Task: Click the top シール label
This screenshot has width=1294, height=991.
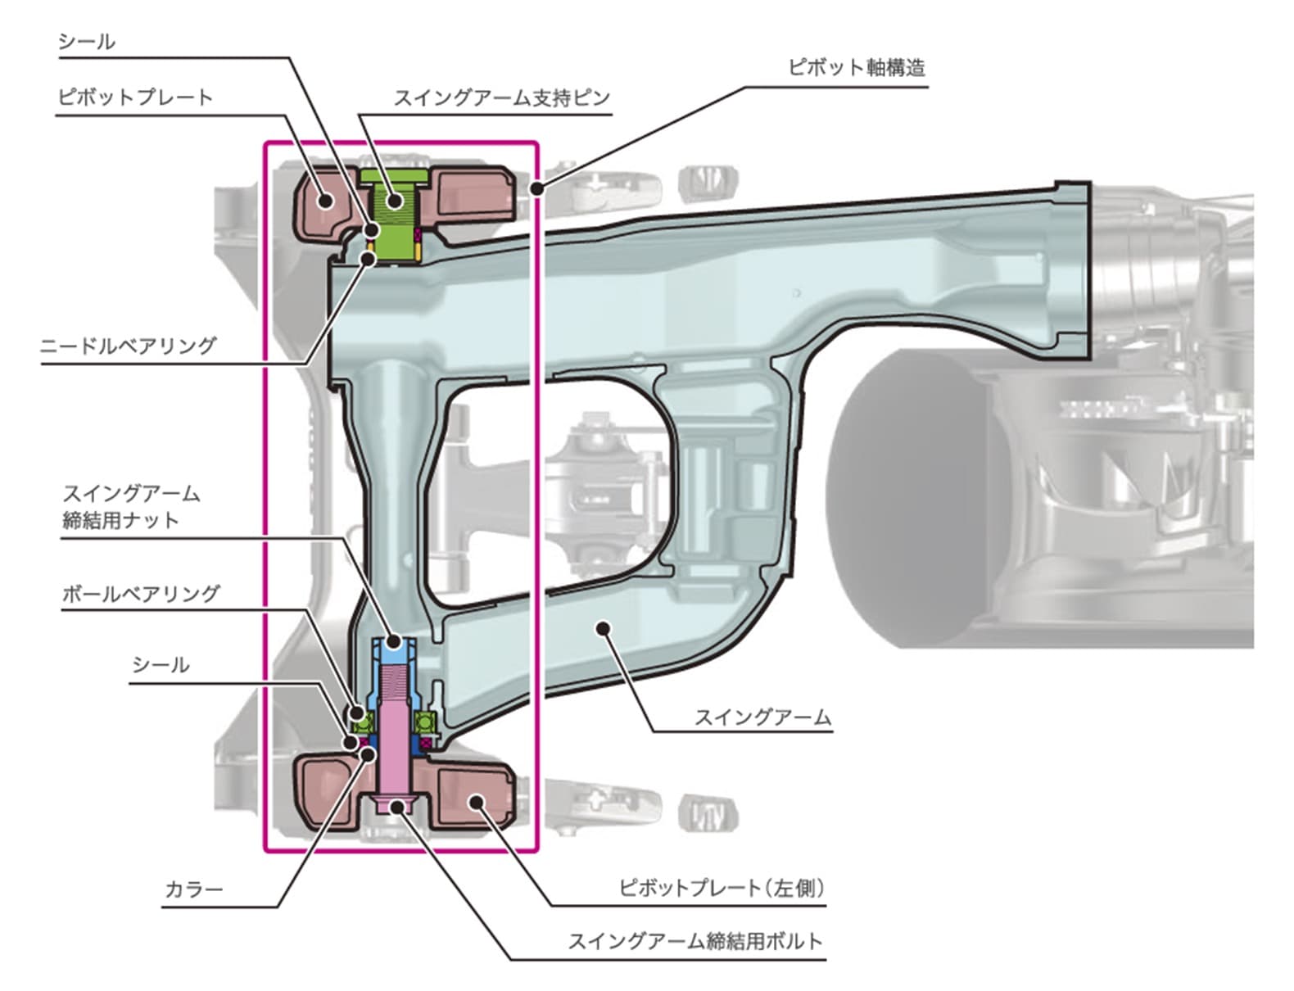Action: [86, 41]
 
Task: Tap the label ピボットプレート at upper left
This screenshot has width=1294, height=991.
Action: [135, 97]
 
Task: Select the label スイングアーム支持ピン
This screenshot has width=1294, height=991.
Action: [501, 97]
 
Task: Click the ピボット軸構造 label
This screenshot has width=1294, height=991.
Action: [856, 67]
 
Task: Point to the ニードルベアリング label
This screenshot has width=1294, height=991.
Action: [129, 346]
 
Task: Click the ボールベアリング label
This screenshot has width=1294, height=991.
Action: [141, 593]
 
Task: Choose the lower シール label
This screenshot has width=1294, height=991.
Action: [161, 664]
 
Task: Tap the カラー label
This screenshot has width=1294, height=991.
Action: [194, 889]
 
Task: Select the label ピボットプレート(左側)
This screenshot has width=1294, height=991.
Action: [721, 887]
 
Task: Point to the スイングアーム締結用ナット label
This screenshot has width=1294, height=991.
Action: [131, 506]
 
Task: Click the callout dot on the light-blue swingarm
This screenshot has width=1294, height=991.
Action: [604, 628]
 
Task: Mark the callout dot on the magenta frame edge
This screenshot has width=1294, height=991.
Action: [537, 188]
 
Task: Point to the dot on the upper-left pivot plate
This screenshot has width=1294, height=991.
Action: [326, 199]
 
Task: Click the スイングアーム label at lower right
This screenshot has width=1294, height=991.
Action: [762, 717]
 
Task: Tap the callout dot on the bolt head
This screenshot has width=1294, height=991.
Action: [397, 807]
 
